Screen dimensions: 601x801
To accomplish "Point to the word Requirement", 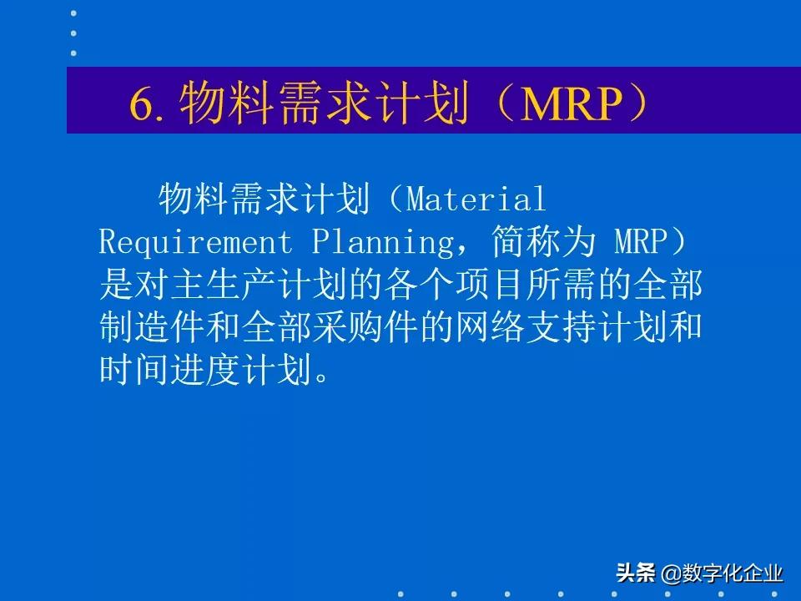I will (x=196, y=242).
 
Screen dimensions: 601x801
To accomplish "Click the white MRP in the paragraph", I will (x=641, y=242).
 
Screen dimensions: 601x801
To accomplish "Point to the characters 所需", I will (x=563, y=285).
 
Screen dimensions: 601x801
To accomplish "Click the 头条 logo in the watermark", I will (x=637, y=573).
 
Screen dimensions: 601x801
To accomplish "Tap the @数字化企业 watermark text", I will (x=723, y=573).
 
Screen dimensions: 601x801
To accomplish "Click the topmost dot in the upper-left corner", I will (x=73, y=14).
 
